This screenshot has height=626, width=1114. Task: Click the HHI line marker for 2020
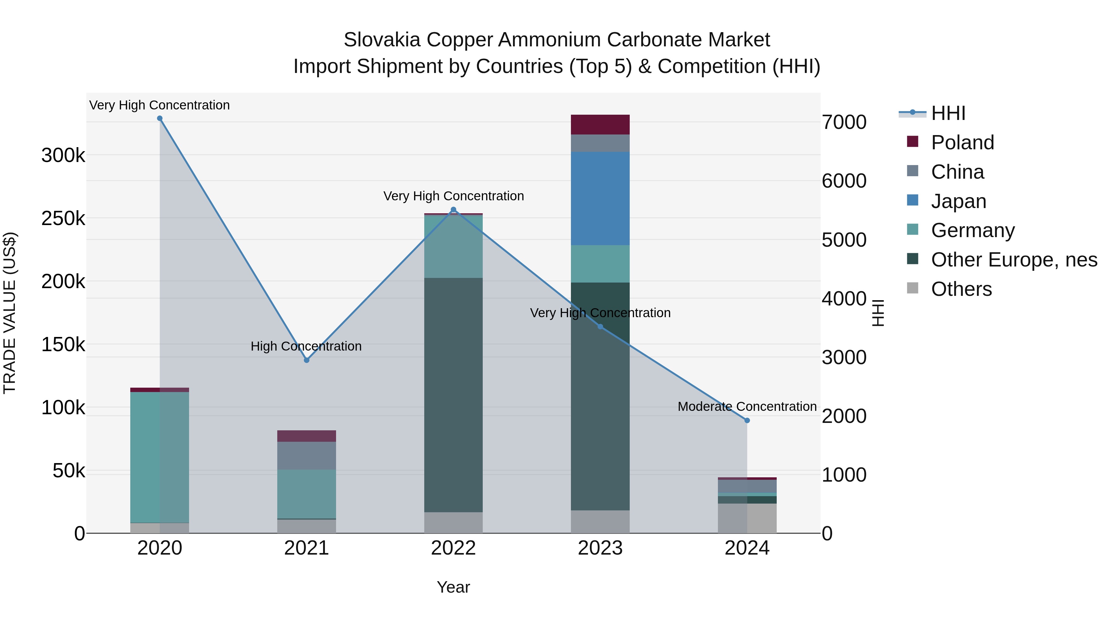pyautogui.click(x=160, y=118)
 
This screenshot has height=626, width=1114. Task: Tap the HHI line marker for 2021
pyautogui.click(x=307, y=360)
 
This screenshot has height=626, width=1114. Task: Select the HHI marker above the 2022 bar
pyautogui.click(x=453, y=210)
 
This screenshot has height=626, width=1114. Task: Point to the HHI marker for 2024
pyautogui.click(x=747, y=420)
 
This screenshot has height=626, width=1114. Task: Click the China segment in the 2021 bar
pyautogui.click(x=307, y=455)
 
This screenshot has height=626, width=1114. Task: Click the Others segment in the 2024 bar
pyautogui.click(x=747, y=518)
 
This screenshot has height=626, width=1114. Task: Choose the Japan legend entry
pyautogui.click(x=958, y=201)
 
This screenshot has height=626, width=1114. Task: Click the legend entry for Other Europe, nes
pyautogui.click(x=1014, y=260)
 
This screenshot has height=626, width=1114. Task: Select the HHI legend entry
pyautogui.click(x=948, y=113)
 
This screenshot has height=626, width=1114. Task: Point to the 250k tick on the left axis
pyautogui.click(x=63, y=219)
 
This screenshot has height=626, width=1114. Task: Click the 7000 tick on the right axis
pyautogui.click(x=844, y=122)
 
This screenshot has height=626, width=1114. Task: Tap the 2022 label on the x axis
pyautogui.click(x=453, y=548)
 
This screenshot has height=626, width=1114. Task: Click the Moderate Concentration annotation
pyautogui.click(x=747, y=407)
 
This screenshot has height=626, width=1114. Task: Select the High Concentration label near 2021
pyautogui.click(x=306, y=346)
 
